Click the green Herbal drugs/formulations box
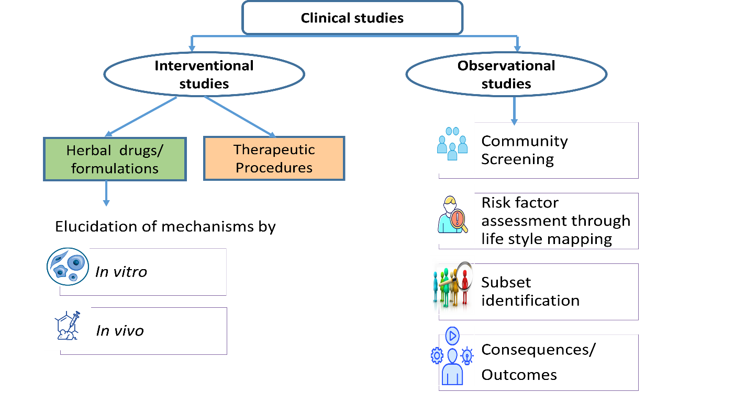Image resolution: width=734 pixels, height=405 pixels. [115, 159]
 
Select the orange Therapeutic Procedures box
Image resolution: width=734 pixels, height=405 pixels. [274, 158]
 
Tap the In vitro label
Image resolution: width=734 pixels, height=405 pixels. [121, 272]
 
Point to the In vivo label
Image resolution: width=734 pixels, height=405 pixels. [119, 331]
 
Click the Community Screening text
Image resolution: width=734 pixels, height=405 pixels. [525, 150]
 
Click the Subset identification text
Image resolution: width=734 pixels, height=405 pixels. [530, 292]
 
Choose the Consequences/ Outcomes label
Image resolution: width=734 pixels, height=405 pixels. [538, 362]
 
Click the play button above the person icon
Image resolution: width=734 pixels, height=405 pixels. [452, 335]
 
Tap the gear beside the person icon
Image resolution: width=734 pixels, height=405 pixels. [437, 356]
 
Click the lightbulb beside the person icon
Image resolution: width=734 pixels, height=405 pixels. [467, 356]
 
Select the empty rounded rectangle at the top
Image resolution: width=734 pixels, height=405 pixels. [352, 17]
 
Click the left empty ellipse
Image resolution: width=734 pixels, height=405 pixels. [204, 75]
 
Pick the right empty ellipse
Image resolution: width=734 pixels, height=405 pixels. [506, 74]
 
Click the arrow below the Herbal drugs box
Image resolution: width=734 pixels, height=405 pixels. [106, 193]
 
